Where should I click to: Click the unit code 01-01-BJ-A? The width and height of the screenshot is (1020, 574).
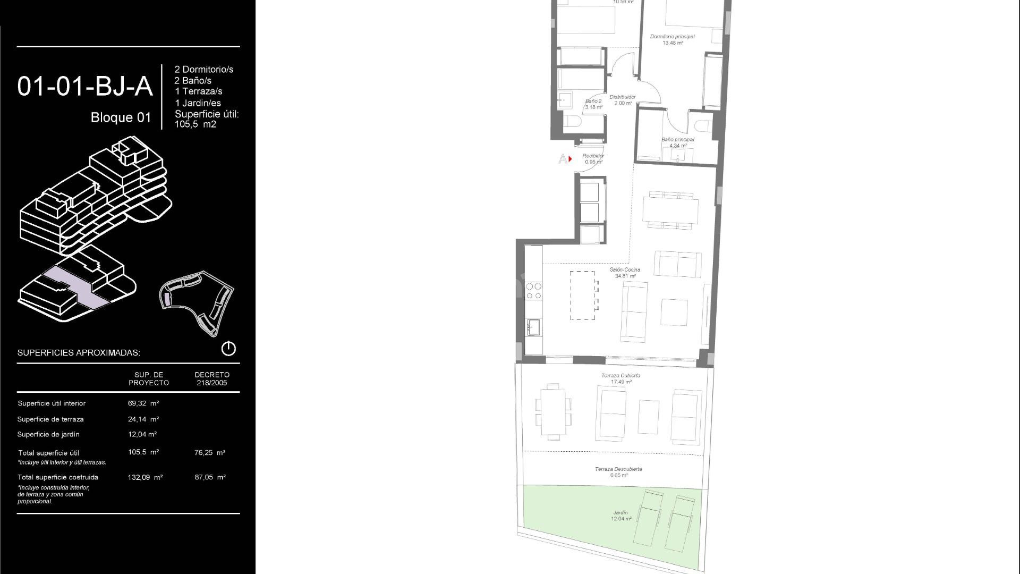pyautogui.click(x=85, y=87)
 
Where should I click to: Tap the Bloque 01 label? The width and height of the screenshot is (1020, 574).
pyautogui.click(x=121, y=117)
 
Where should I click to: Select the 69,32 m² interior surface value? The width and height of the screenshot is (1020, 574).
pyautogui.click(x=143, y=403)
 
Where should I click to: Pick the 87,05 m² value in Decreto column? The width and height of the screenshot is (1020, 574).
pyautogui.click(x=210, y=477)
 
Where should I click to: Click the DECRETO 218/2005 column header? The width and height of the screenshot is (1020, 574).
pyautogui.click(x=211, y=378)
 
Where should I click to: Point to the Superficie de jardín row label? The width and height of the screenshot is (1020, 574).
pyautogui.click(x=48, y=434)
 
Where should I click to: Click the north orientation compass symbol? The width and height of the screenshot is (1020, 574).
pyautogui.click(x=228, y=349)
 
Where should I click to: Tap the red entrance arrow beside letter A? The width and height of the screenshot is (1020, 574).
pyautogui.click(x=570, y=159)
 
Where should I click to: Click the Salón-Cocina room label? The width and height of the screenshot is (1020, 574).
pyautogui.click(x=625, y=273)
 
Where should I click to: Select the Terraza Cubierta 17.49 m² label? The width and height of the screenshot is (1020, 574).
pyautogui.click(x=620, y=378)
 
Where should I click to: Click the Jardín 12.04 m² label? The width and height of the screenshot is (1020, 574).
pyautogui.click(x=620, y=516)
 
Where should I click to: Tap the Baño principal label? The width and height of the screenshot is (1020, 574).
pyautogui.click(x=677, y=142)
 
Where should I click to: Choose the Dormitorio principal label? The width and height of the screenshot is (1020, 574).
pyautogui.click(x=672, y=39)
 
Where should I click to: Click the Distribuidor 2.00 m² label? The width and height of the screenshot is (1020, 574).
pyautogui.click(x=623, y=100)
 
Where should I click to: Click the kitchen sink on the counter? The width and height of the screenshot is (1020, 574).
pyautogui.click(x=533, y=326)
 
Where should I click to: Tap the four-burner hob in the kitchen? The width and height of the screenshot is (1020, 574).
pyautogui.click(x=534, y=291)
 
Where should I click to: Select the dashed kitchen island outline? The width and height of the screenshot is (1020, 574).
pyautogui.click(x=582, y=296)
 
